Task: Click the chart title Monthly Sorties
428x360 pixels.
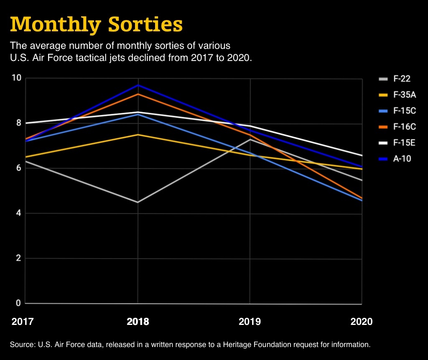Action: click(96, 25)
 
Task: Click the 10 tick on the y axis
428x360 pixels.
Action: click(16, 78)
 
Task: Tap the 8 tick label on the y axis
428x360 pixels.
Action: click(18, 123)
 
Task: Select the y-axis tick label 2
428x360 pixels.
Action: click(18, 258)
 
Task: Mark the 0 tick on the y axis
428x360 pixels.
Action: click(18, 303)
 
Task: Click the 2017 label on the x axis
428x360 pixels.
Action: click(23, 322)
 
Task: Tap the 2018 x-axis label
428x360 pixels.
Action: click(138, 322)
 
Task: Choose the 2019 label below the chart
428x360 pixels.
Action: click(250, 322)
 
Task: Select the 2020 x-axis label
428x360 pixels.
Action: click(361, 322)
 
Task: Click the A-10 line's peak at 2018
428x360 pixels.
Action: click(138, 85)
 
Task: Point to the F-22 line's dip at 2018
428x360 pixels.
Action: click(138, 202)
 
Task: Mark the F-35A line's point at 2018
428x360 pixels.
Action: click(138, 134)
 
